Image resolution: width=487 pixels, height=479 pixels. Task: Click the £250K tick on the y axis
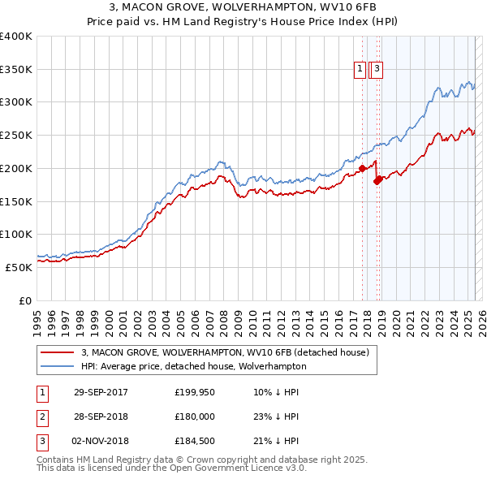click(16, 135)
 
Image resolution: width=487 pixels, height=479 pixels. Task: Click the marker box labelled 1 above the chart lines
click(359, 70)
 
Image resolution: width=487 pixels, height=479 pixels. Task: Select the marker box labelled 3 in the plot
click(377, 70)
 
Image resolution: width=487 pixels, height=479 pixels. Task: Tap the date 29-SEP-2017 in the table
click(101, 392)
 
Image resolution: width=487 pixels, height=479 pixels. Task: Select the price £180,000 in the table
click(194, 416)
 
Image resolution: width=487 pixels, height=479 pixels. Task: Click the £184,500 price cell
click(194, 441)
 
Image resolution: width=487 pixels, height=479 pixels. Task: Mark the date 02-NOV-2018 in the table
click(101, 441)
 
